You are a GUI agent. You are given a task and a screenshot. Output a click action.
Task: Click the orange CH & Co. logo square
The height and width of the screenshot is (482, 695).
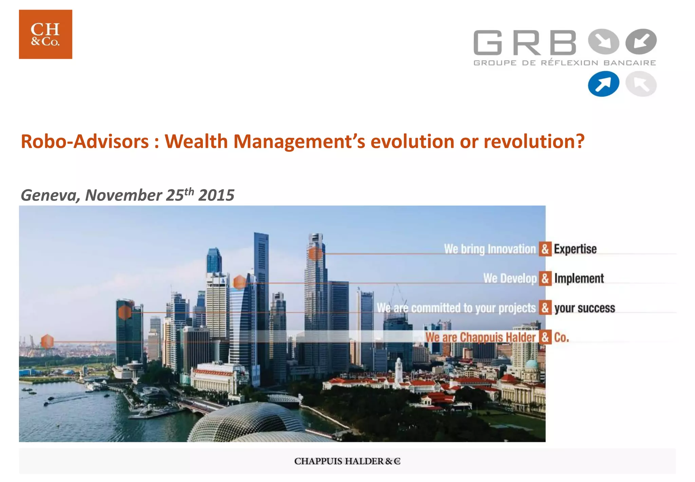tap(45, 34)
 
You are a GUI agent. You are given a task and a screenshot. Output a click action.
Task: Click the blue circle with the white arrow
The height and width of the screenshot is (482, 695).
tap(603, 84)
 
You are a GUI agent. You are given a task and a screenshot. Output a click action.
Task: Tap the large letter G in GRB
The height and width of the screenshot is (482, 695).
tap(488, 42)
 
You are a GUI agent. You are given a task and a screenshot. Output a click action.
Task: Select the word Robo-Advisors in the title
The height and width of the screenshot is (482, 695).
tap(85, 141)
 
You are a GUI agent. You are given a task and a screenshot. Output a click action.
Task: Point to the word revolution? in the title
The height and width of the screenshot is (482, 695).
tap(534, 141)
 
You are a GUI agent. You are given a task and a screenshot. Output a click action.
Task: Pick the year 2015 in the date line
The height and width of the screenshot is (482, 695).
tap(216, 195)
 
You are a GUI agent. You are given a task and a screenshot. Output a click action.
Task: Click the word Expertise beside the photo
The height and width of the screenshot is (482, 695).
tap(575, 249)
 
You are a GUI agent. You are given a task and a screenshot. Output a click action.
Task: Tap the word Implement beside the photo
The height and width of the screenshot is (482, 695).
tap(579, 278)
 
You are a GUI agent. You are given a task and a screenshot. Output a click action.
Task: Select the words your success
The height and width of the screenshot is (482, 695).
tap(584, 308)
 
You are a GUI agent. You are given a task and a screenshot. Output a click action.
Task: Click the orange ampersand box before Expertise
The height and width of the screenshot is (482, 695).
tap(545, 249)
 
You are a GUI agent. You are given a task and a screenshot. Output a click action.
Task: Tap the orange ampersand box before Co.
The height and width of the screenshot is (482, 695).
tap(545, 337)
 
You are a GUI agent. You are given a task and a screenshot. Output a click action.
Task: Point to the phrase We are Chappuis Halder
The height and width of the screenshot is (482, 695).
tap(480, 337)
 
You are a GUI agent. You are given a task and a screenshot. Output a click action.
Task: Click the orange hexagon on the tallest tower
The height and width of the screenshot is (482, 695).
tap(315, 254)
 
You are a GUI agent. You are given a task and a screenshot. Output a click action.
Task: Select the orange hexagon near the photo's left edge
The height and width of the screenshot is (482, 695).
tap(47, 341)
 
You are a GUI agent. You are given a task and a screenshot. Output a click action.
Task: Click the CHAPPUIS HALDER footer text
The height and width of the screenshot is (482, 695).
tap(347, 461)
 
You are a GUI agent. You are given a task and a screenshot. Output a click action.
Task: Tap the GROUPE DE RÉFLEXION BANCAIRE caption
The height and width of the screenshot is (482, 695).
tap(565, 63)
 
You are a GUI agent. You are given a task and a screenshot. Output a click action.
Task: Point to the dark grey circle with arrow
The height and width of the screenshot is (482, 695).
tap(641, 41)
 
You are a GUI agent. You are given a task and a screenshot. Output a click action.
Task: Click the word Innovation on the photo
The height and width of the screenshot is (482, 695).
tap(511, 249)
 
